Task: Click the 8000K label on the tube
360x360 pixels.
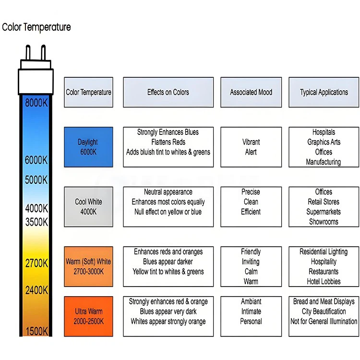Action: tap(36, 102)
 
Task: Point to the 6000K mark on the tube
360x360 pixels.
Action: tap(36, 160)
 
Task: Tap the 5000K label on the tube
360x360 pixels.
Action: tap(36, 180)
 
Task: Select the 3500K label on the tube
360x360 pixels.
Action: tap(36, 222)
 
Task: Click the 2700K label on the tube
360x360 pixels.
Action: tap(36, 263)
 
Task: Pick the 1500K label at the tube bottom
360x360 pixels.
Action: tap(36, 331)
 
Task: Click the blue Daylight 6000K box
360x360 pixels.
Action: tap(88, 147)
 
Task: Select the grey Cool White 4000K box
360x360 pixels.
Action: tap(88, 206)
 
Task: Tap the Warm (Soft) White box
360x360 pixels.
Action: tap(88, 266)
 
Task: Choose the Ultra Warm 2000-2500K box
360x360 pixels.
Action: tap(88, 316)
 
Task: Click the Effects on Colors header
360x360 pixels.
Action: tap(168, 92)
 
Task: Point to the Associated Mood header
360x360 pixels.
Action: tap(251, 92)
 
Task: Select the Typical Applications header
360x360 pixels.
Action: tap(324, 92)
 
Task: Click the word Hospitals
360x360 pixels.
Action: tap(324, 132)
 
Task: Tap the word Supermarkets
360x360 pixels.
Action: tap(324, 212)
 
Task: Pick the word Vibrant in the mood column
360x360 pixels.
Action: tap(251, 142)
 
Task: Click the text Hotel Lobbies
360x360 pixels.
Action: tap(324, 281)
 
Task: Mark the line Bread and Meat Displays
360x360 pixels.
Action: tap(324, 301)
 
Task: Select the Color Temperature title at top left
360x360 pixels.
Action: tap(36, 27)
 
